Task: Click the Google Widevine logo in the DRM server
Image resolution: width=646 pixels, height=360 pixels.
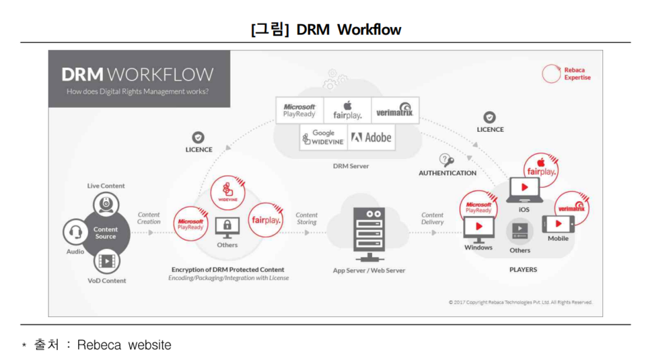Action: coord(324,137)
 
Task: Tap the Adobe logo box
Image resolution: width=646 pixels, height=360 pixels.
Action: coord(371,137)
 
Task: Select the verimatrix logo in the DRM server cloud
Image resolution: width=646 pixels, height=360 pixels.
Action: coord(394,110)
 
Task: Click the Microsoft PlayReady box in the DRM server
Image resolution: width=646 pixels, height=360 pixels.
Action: coord(299,110)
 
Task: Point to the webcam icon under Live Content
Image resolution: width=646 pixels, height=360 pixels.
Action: coord(106,203)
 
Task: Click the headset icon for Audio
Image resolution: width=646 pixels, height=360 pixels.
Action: coord(75,233)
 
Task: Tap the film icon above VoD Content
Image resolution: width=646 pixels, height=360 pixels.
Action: coord(106,261)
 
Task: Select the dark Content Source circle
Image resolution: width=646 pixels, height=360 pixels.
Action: coord(106,233)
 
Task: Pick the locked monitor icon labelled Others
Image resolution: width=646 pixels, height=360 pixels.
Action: coord(227,227)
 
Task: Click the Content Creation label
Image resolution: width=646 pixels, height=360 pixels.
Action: coord(149,218)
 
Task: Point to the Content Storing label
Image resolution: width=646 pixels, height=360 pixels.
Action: coord(307,218)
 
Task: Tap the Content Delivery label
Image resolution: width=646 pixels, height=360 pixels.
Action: coord(433,218)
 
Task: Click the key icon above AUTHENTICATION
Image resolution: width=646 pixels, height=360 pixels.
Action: coord(446,161)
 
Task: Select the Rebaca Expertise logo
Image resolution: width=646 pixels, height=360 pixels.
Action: coord(566,73)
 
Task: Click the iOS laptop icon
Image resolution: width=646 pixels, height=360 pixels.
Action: coord(524,190)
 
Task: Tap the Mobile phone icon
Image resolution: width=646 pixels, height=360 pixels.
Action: coord(558,223)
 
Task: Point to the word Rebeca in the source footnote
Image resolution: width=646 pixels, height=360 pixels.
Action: coord(99,345)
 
